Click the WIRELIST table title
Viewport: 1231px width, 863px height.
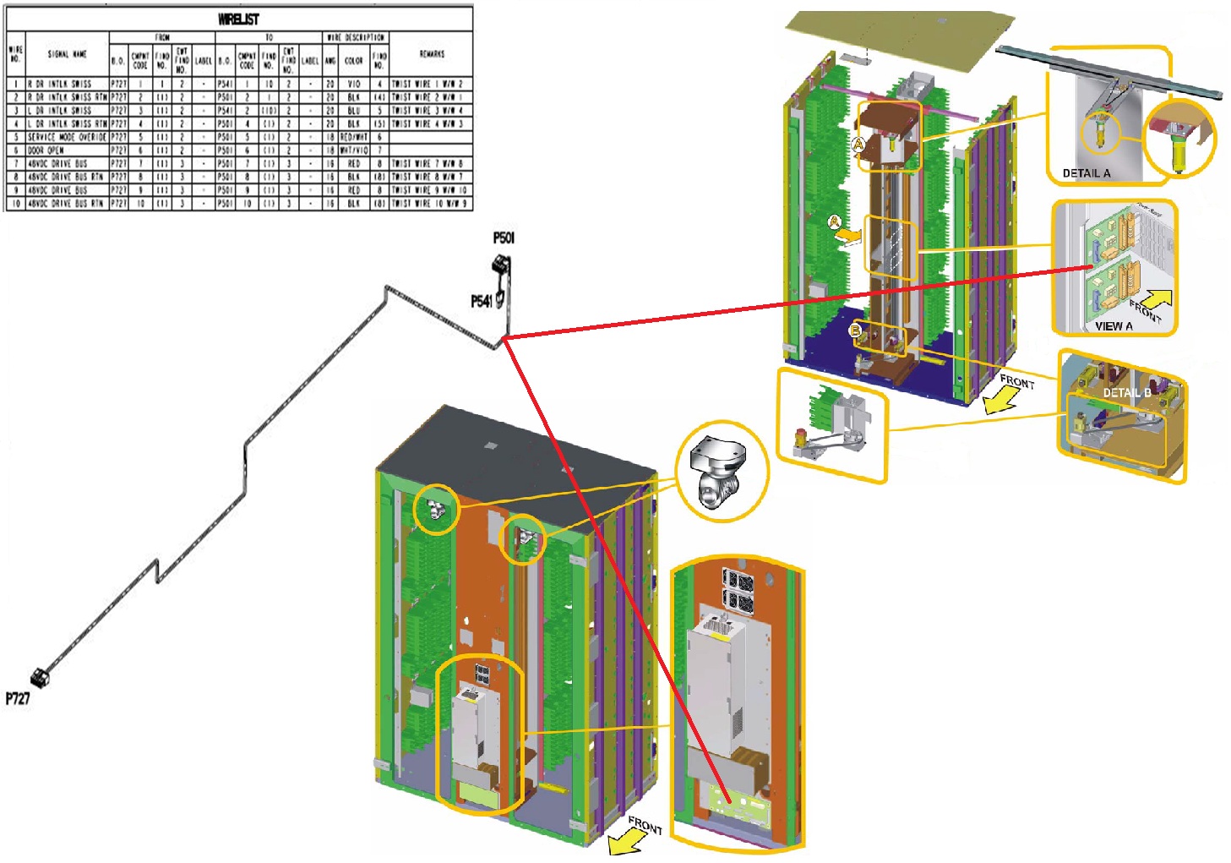[x=238, y=19]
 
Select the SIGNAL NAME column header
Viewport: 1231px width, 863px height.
[x=67, y=54]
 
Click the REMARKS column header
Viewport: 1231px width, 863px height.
[x=431, y=54]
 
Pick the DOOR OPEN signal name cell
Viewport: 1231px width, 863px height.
[x=46, y=150]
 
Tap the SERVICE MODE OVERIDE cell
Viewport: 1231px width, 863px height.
[x=67, y=137]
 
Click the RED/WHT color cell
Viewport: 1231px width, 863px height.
[x=353, y=137]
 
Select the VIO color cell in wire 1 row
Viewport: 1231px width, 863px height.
[x=353, y=85]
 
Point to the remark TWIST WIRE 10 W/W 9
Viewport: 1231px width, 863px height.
[x=429, y=204]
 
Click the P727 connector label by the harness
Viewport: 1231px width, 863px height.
[x=18, y=698]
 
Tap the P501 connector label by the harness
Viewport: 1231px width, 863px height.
[x=504, y=238]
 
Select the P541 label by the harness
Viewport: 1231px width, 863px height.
[x=481, y=301]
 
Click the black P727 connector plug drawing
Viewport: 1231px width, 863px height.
[x=39, y=677]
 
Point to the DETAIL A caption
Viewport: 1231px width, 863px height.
[x=1087, y=173]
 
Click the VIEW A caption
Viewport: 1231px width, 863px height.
[x=1114, y=325]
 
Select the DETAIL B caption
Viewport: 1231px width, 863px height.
[x=1126, y=393]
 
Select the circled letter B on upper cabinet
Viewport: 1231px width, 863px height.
[x=855, y=330]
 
